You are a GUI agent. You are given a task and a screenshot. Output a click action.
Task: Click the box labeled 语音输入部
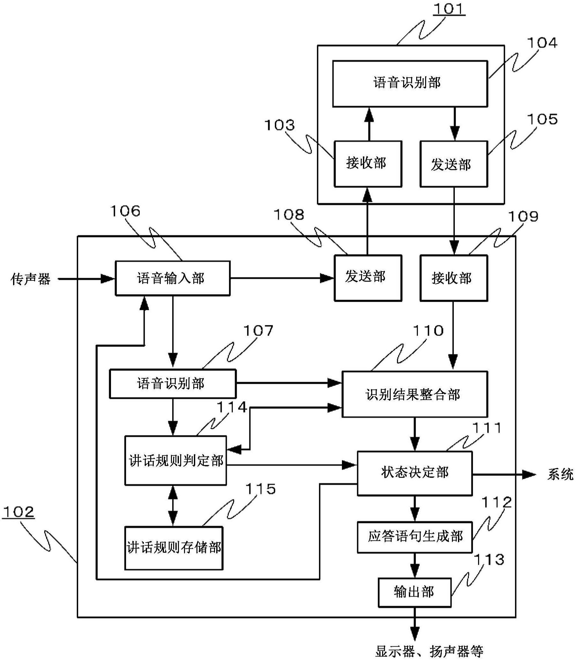click(x=173, y=278)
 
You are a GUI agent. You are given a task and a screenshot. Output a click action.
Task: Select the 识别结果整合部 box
click(x=414, y=394)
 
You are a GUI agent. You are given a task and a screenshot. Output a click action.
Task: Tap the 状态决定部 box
click(x=414, y=473)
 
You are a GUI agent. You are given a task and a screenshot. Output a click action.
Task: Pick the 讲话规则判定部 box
click(x=175, y=460)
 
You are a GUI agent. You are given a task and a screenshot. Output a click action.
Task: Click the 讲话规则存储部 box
click(x=174, y=548)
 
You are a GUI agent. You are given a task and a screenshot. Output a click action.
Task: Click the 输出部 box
click(x=414, y=592)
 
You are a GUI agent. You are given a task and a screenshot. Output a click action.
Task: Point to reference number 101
click(x=449, y=9)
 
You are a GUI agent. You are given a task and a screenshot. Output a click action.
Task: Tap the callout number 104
click(x=543, y=43)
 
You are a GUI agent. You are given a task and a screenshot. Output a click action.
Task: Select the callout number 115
click(x=260, y=489)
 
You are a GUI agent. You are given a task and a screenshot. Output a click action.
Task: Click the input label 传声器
click(x=31, y=279)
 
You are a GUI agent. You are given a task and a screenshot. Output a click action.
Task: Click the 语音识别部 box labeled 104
click(x=410, y=83)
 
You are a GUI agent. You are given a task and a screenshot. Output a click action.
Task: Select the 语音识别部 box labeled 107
click(x=173, y=383)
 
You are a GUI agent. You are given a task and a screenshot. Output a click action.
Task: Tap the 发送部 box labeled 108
click(x=368, y=278)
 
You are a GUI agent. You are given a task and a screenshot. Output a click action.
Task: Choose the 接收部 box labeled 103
click(x=368, y=163)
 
